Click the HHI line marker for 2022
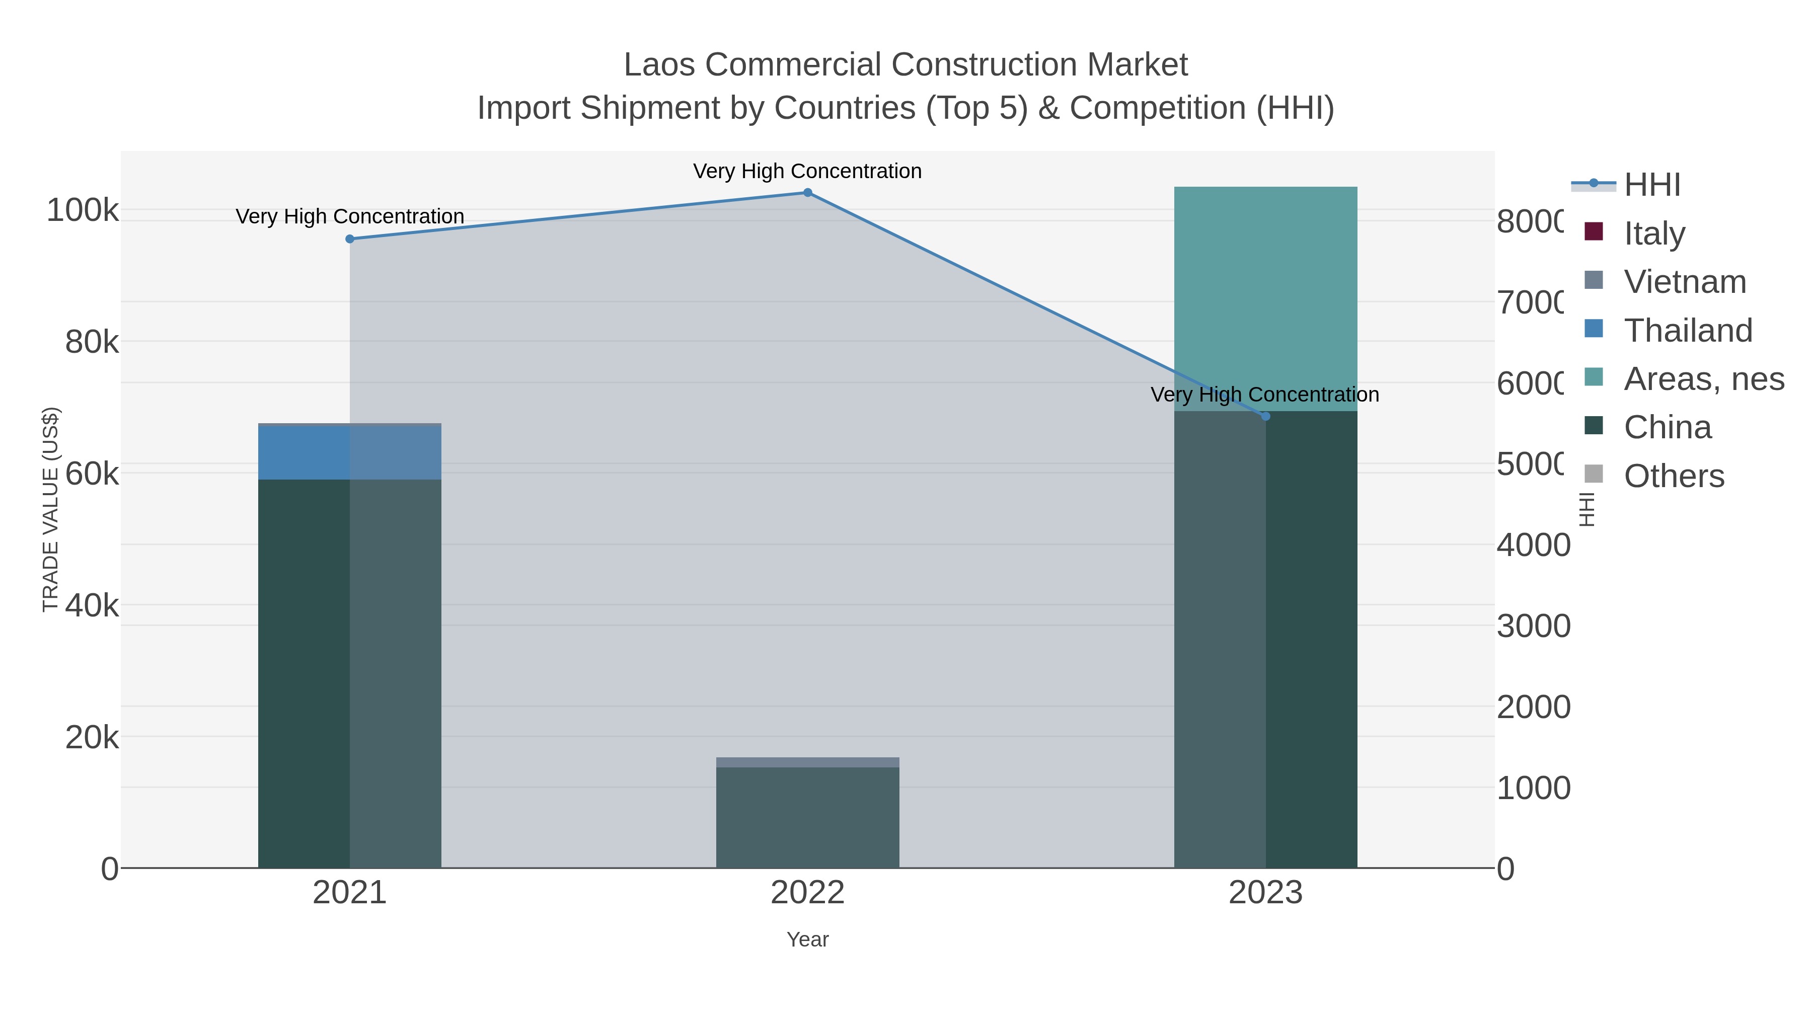click(x=807, y=193)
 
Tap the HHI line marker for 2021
click(x=350, y=239)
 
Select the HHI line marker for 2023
click(x=1265, y=416)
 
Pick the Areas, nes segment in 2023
click(x=1265, y=299)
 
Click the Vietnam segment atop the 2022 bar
click(x=807, y=762)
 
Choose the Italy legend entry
click(x=1654, y=233)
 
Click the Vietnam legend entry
click(x=1685, y=282)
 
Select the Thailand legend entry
click(x=1688, y=331)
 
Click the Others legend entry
click(x=1674, y=476)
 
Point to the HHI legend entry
click(x=1651, y=185)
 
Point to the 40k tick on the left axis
click(x=92, y=605)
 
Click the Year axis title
click(x=807, y=939)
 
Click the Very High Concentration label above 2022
click(x=807, y=171)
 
